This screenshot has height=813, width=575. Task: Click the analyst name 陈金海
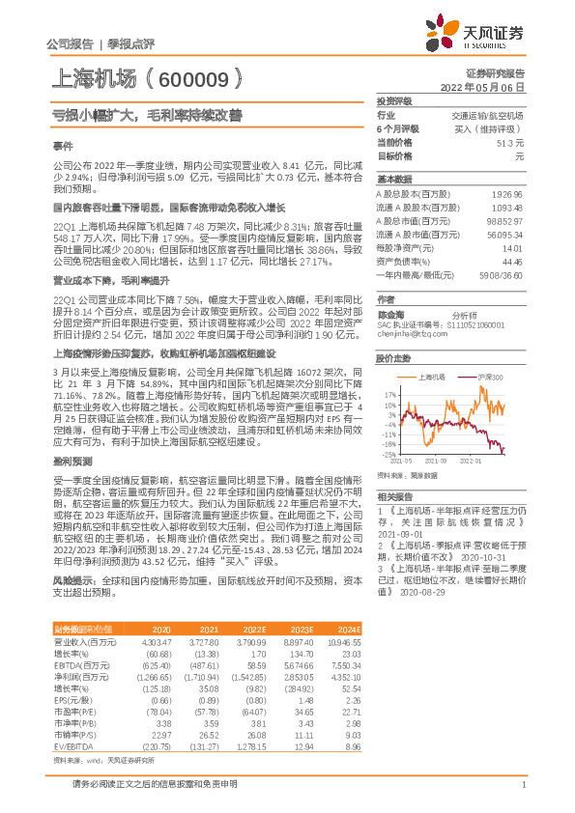pyautogui.click(x=390, y=315)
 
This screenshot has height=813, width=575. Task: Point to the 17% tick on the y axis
pyautogui.click(x=389, y=395)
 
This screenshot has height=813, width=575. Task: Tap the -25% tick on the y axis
pyautogui.click(x=388, y=454)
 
